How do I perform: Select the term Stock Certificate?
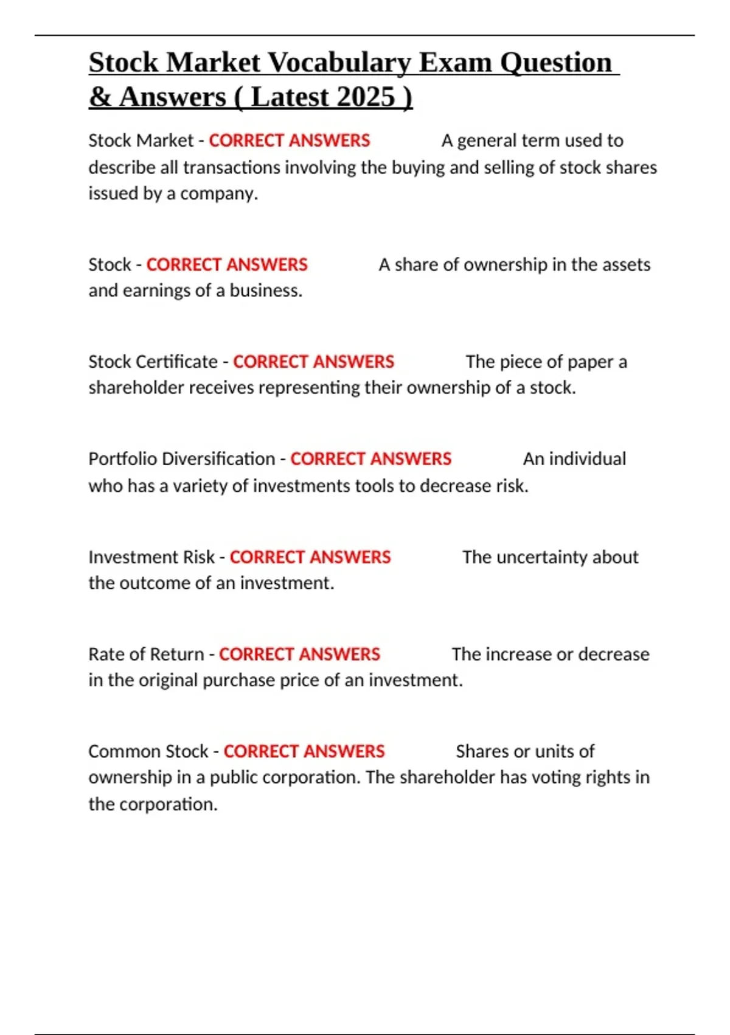[153, 362]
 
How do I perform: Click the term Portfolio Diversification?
[182, 459]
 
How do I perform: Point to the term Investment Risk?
[151, 557]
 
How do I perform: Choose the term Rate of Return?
[146, 654]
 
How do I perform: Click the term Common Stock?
[148, 751]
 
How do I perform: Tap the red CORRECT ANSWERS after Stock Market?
[290, 141]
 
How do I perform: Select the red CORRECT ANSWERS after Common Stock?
[304, 751]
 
